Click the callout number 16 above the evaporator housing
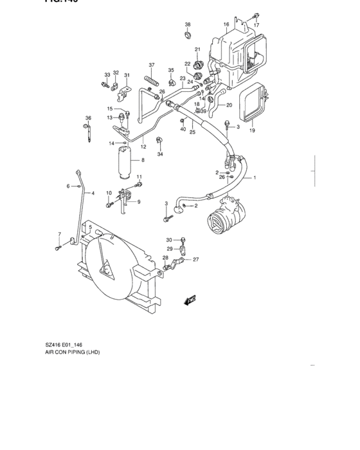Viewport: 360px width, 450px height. coord(226,25)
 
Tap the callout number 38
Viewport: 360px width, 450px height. coord(188,24)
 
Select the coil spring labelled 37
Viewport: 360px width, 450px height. coord(152,80)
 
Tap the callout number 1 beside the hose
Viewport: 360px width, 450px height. coord(255,177)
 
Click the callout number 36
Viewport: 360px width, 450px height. coord(88,118)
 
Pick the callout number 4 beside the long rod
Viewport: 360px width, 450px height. coord(93,193)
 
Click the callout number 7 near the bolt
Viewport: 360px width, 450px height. coord(59,234)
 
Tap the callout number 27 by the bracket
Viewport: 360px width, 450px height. coord(196,260)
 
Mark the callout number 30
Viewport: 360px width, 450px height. coord(170,240)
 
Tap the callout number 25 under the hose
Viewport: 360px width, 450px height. coord(192,132)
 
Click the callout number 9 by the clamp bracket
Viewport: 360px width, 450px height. coord(139,203)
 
